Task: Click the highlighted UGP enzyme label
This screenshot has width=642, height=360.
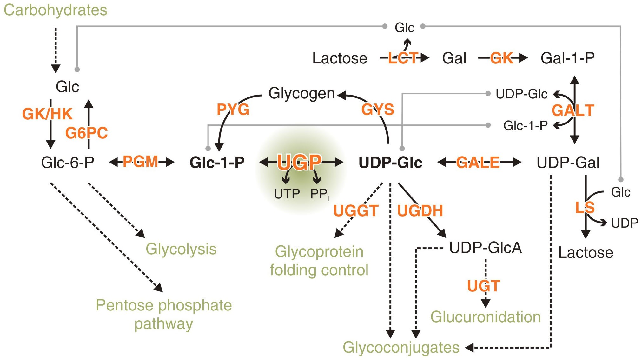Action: point(300,162)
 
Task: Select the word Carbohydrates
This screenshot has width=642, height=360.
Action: point(56,10)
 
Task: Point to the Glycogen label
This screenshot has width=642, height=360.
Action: point(301,94)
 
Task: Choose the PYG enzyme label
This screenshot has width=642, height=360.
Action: point(233,110)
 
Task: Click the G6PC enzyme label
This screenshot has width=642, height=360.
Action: point(87,133)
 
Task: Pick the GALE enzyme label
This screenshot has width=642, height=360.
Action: point(478,163)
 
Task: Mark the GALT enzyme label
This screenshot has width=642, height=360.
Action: point(573,110)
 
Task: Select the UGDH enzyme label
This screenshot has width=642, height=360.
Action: point(420,211)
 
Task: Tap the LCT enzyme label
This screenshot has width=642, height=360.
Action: point(402,58)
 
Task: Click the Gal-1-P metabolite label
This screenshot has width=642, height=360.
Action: point(568,58)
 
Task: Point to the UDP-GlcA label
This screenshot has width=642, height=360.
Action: point(486,248)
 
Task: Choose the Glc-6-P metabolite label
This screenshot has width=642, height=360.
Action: point(68,163)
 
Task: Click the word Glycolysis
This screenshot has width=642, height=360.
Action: point(181,249)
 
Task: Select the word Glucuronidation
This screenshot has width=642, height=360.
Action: point(486,317)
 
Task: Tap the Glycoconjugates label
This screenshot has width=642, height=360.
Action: point(401,348)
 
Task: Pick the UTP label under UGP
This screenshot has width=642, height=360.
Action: point(287,194)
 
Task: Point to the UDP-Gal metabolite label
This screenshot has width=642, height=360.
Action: point(568,163)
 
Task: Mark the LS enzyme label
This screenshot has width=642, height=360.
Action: point(585,208)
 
